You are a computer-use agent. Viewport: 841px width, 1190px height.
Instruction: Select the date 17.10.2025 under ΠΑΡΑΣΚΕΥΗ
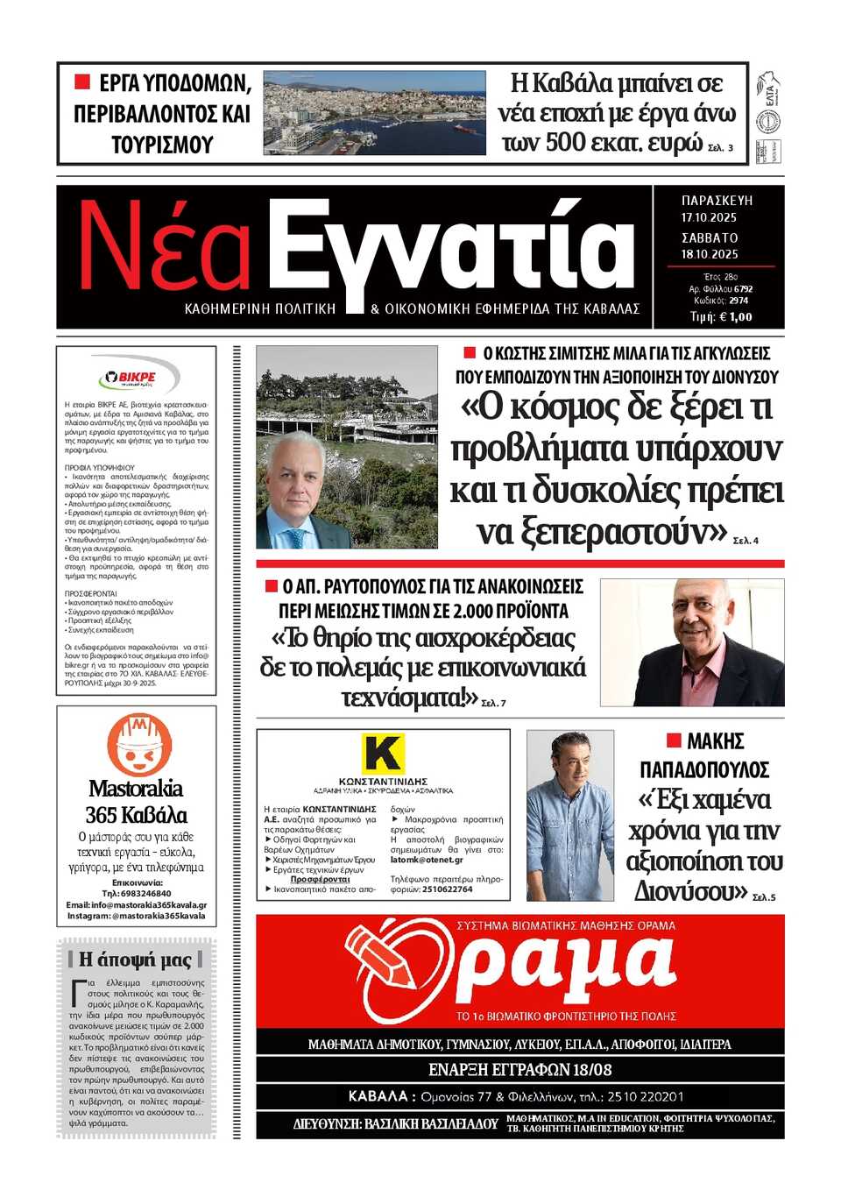pyautogui.click(x=709, y=217)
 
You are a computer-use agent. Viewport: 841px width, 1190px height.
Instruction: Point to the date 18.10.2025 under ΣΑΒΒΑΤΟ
pyautogui.click(x=710, y=254)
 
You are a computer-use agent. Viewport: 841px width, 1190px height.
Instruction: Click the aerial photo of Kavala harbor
pyautogui.click(x=374, y=113)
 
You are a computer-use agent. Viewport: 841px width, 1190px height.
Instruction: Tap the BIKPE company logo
pyautogui.click(x=137, y=377)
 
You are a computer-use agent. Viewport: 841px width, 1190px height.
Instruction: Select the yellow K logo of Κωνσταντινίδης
pyautogui.click(x=383, y=754)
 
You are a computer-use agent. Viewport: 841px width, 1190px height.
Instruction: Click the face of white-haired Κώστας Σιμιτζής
pyautogui.click(x=298, y=478)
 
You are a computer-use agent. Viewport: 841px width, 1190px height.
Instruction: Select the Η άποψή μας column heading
pyautogui.click(x=136, y=959)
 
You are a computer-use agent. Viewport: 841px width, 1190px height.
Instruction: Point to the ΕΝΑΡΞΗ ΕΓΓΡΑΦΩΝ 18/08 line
pyautogui.click(x=519, y=1070)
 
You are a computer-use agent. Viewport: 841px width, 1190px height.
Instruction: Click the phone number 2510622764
pyautogui.click(x=447, y=889)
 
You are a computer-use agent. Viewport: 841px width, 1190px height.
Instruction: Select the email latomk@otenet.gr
pyautogui.click(x=427, y=860)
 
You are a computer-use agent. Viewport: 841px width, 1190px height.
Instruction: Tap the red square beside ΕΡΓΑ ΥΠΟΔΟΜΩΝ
pyautogui.click(x=82, y=82)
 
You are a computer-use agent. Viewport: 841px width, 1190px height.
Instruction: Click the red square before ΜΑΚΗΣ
pyautogui.click(x=674, y=740)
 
